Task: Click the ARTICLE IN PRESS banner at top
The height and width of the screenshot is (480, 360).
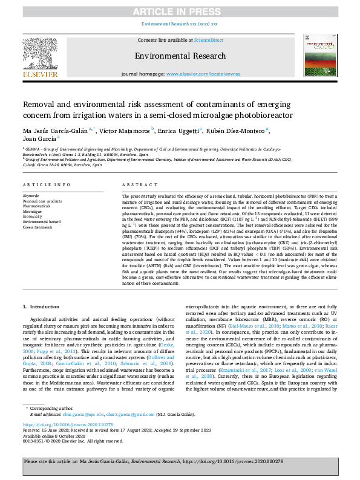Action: [x=180, y=11]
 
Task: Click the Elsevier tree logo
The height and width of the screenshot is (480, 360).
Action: [x=41, y=57]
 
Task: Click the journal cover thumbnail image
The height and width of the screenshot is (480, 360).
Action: [x=318, y=57]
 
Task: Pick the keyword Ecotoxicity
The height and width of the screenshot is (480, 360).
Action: [x=34, y=217]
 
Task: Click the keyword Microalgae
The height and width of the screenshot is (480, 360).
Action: [x=33, y=212]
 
